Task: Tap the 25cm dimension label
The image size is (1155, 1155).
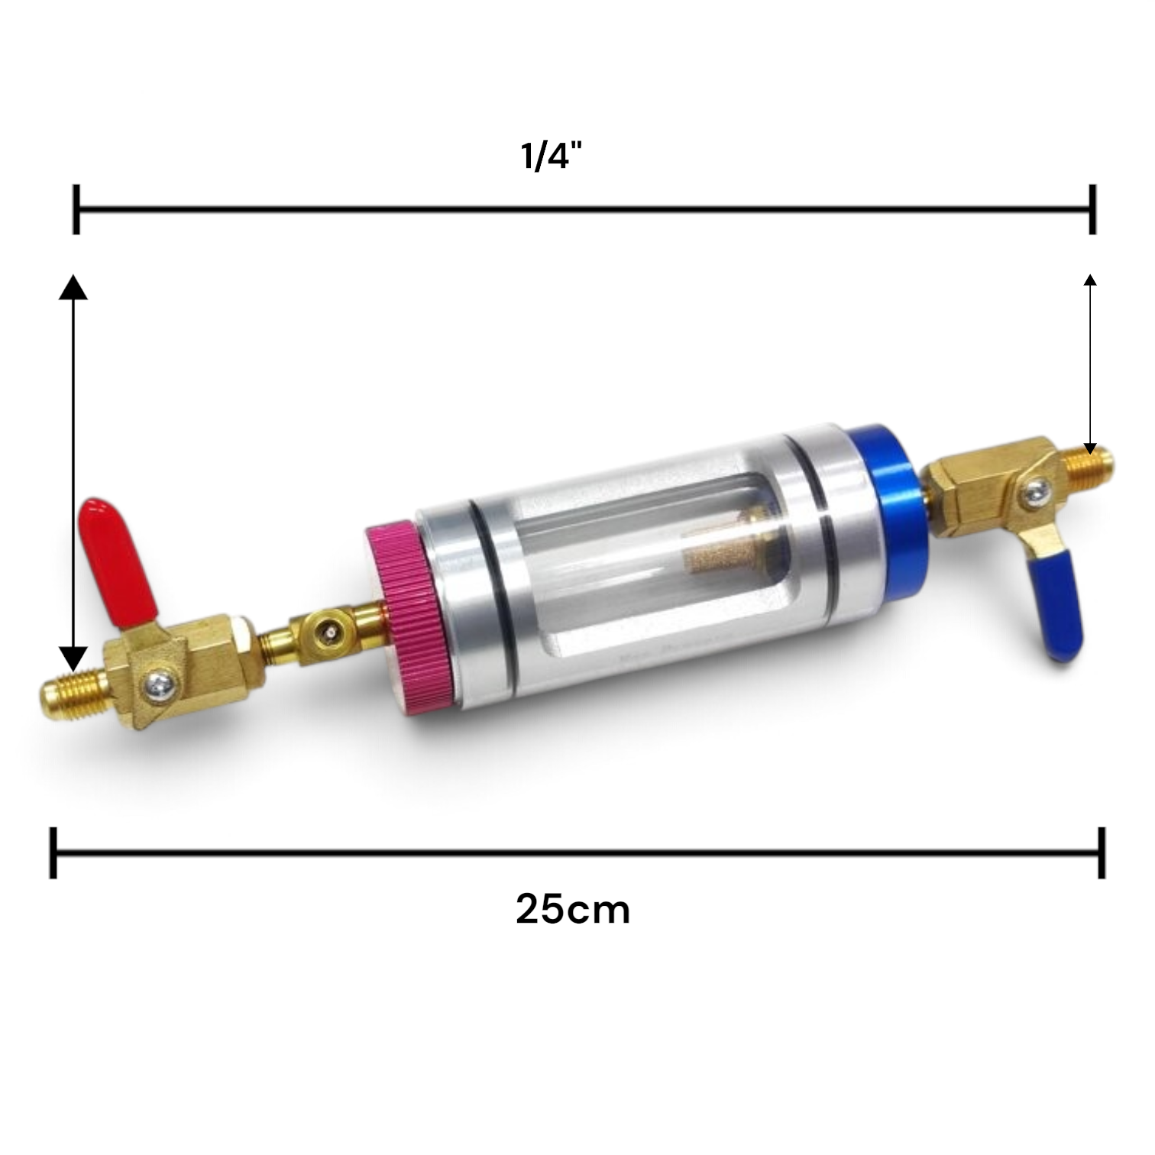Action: tap(573, 910)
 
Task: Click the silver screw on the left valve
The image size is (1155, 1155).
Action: tap(161, 682)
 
